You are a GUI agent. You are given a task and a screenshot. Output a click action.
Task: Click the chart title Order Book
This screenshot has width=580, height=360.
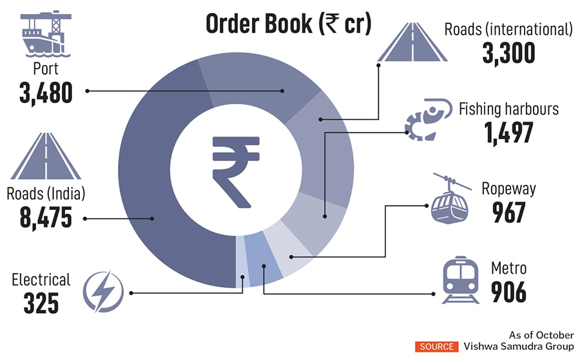(x=289, y=23)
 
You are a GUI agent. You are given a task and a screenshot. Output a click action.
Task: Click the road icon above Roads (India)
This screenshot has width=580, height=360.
(x=46, y=157)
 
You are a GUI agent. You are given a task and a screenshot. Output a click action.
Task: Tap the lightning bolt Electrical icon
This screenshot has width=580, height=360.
(x=102, y=291)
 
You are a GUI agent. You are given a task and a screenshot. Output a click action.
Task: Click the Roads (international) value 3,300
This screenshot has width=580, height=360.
(x=509, y=52)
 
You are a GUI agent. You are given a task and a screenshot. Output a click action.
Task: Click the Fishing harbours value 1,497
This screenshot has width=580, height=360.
(x=509, y=132)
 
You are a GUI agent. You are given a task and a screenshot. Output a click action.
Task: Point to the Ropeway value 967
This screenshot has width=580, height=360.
(x=508, y=212)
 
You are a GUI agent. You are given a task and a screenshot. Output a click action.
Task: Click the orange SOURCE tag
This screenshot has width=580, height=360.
(x=436, y=346)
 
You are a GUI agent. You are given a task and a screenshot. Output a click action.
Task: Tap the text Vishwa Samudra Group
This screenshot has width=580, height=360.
(x=519, y=346)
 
